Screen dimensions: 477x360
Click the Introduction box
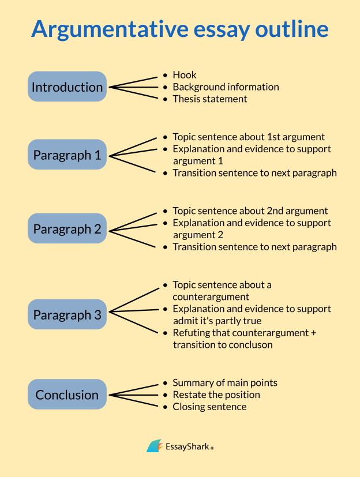click(67, 87)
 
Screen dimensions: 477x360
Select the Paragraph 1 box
click(67, 155)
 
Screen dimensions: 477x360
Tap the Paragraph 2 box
click(67, 229)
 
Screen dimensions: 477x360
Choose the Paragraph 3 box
click(67, 315)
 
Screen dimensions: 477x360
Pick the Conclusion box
click(67, 395)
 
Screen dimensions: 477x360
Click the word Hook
click(185, 75)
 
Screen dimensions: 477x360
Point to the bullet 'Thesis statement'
click(210, 99)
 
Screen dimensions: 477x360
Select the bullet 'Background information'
click(226, 87)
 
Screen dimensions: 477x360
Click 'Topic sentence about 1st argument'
click(249, 137)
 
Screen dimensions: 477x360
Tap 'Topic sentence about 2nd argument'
click(250, 211)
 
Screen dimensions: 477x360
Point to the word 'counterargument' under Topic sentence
click(211, 297)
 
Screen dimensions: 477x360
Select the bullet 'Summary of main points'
click(225, 383)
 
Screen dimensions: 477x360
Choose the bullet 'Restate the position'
click(216, 395)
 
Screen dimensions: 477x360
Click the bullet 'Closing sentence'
click(209, 407)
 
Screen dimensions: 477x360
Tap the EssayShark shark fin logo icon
click(154, 446)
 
